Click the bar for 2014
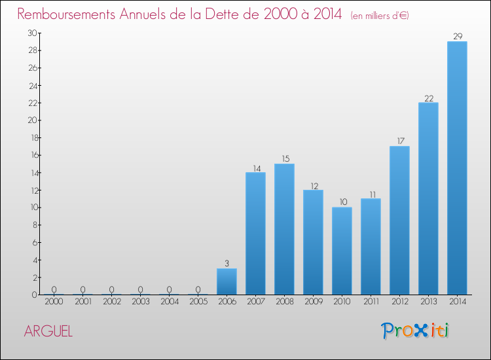[x=457, y=168]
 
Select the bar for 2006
[x=227, y=281]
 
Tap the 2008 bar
[x=284, y=229]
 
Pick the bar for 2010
[x=342, y=251]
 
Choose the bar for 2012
[x=399, y=221]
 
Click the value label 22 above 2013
[x=428, y=98]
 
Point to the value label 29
[x=457, y=37]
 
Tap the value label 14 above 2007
[x=255, y=168]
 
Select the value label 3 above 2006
[x=227, y=264]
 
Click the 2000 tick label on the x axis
[x=54, y=302]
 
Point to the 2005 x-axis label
[x=198, y=302]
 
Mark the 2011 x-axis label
[x=371, y=302]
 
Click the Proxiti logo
[x=416, y=331]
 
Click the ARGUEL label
[x=48, y=331]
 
